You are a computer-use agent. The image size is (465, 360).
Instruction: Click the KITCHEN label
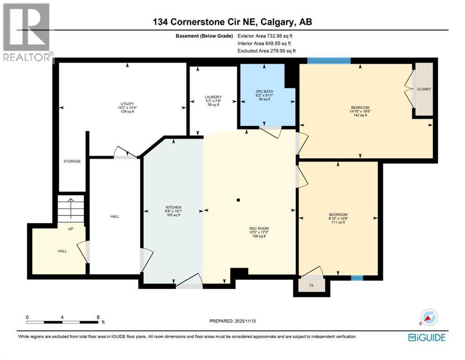tap(173, 207)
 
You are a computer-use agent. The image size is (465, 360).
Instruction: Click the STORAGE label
tap(72, 161)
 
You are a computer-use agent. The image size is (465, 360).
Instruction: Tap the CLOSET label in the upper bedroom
tap(424, 89)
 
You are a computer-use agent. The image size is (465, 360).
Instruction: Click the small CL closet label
tap(311, 285)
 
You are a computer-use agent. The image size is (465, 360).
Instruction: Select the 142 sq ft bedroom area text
tap(360, 115)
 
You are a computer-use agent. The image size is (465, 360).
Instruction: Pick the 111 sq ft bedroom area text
tap(338, 222)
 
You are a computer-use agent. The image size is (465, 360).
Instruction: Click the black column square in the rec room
tap(238, 200)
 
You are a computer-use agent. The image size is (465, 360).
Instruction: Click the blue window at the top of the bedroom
tap(329, 60)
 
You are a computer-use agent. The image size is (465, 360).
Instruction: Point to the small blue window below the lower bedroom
tap(357, 278)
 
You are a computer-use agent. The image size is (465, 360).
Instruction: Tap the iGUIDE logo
tap(427, 337)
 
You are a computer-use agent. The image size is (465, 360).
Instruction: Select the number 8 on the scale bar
tap(98, 317)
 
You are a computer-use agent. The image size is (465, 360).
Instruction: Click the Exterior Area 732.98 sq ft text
tap(267, 36)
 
